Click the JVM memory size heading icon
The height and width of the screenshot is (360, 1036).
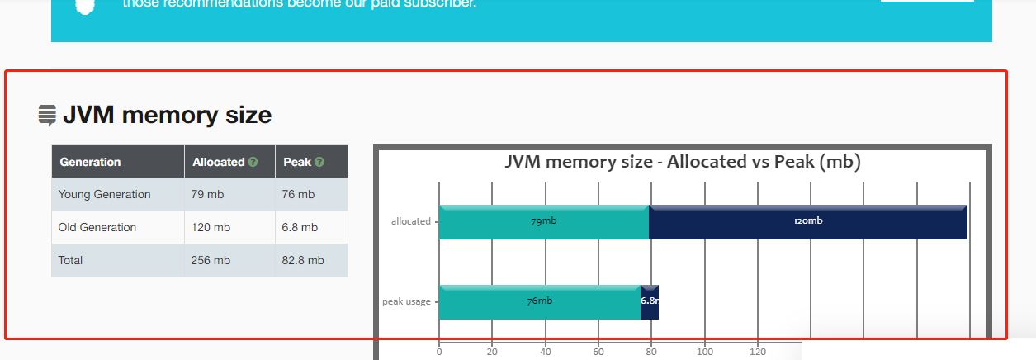coord(47,115)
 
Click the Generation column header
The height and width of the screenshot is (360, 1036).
coord(90,162)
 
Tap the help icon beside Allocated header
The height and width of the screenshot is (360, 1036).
coord(253,162)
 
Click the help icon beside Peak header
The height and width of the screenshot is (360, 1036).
coord(319,162)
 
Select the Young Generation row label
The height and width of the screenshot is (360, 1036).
coord(104,194)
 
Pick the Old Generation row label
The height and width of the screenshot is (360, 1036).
coord(97,227)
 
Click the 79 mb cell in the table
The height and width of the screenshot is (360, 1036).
coord(207,194)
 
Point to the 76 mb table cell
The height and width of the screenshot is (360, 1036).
coord(299,194)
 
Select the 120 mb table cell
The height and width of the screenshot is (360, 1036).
coord(211,227)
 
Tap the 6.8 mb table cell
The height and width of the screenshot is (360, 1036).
coord(300,227)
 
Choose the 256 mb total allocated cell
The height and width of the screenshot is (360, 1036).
coord(211,260)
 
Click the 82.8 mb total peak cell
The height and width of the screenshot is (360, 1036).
coord(304,260)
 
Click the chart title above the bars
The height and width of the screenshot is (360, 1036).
coord(683,162)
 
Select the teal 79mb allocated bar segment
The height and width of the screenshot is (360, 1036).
coord(543,221)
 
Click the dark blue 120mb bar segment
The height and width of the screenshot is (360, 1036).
coord(807,221)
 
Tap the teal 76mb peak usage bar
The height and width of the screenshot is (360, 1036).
coord(539,301)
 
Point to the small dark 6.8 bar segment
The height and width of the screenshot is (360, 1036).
coord(650,301)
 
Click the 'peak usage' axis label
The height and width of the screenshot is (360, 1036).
coord(406,301)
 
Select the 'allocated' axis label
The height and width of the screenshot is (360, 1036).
coord(411,221)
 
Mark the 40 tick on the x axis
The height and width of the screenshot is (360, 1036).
coord(545,352)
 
